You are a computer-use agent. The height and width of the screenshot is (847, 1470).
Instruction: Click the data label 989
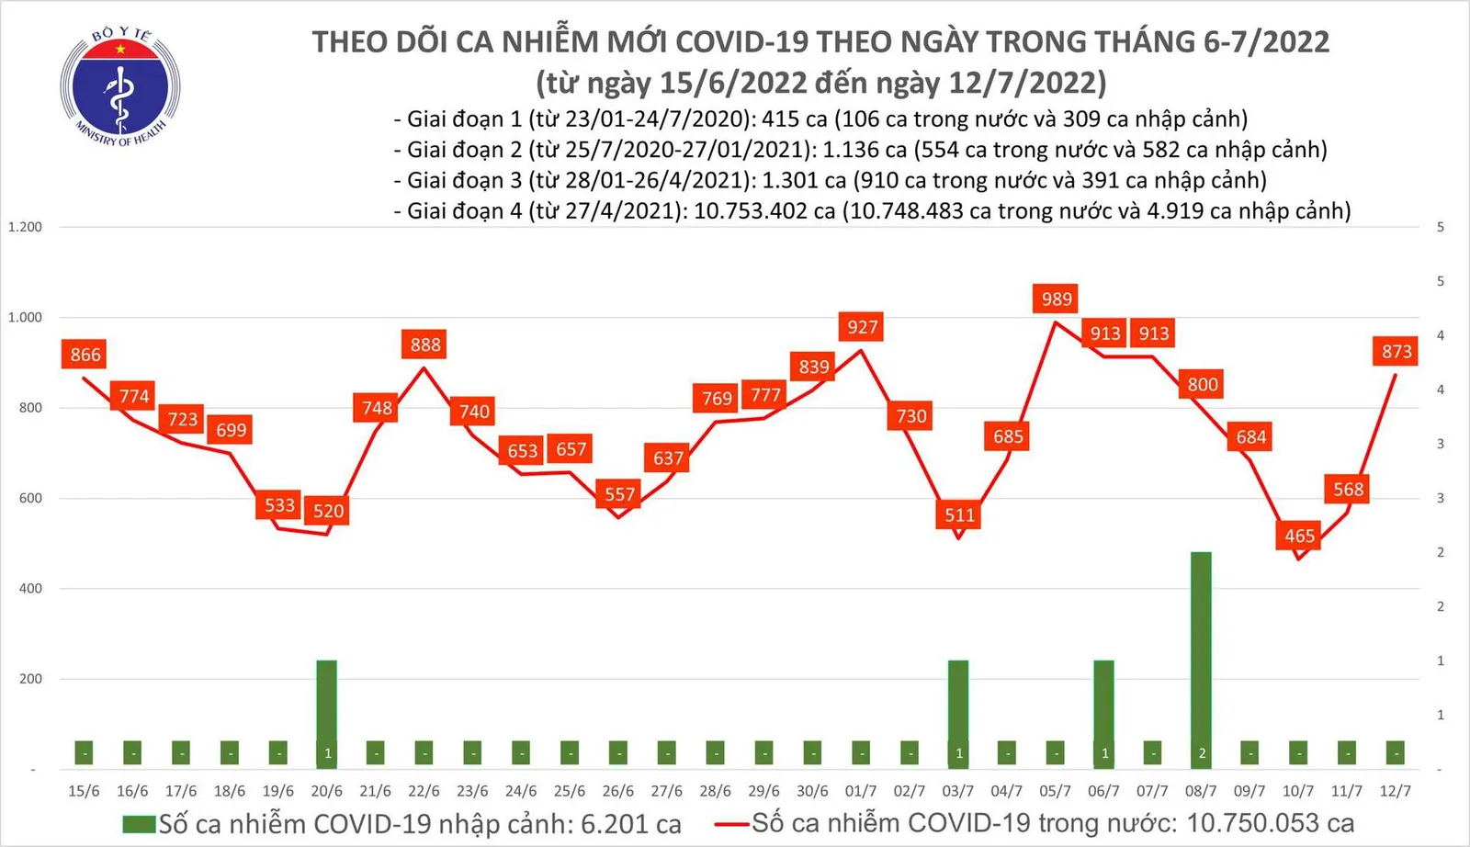(1057, 299)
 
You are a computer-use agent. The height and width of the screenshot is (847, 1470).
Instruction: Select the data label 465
(1299, 536)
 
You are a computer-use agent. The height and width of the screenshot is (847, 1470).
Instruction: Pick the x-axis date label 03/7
(958, 791)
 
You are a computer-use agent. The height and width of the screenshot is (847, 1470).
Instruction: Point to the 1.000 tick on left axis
(26, 318)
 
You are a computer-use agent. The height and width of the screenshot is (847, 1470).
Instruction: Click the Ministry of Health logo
(120, 88)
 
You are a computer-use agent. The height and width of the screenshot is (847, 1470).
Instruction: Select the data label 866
(85, 355)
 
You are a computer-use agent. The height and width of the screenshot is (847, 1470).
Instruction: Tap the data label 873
(1396, 351)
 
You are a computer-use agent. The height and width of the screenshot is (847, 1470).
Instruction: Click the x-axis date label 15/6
(84, 791)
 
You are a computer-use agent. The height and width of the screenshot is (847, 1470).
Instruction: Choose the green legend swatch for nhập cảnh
(139, 824)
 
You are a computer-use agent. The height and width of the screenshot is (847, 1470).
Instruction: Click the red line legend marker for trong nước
(732, 824)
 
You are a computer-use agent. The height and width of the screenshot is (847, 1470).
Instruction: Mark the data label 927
(862, 327)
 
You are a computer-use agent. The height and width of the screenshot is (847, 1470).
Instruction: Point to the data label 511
(959, 514)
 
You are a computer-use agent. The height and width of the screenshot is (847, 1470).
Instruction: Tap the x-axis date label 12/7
(1396, 791)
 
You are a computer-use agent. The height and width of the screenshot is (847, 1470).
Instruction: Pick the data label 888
(425, 344)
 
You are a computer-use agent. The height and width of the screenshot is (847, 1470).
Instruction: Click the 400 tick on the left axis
(30, 589)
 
